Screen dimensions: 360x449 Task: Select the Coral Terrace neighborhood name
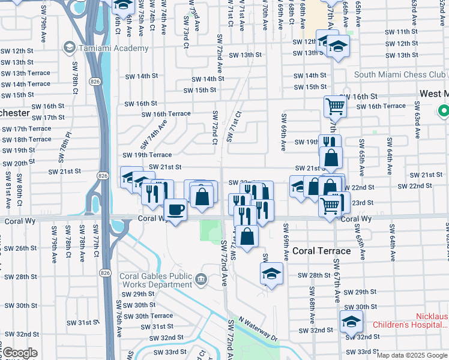(x=321, y=251)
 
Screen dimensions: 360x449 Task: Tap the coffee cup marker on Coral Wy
(x=175, y=210)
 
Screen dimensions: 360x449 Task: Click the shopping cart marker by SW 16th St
(x=335, y=107)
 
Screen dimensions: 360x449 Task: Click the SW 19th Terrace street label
(x=147, y=155)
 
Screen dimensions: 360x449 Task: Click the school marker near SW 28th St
(x=271, y=274)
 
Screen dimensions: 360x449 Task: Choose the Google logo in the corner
(x=20, y=353)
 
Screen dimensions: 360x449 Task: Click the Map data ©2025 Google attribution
(x=412, y=355)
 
